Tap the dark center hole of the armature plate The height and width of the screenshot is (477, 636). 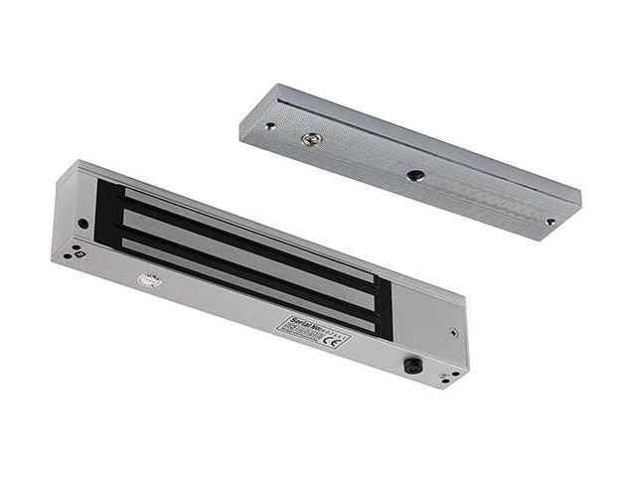point(415,175)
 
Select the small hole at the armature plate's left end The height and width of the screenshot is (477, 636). point(269,126)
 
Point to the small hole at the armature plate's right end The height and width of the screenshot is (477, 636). point(550,223)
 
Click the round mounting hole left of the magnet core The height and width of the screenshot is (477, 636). point(82,225)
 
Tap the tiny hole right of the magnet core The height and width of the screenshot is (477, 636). point(453,334)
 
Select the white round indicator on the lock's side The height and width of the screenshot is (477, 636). point(150,281)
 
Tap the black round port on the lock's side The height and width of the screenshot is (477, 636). point(410,366)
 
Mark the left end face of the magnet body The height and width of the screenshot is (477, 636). point(68,213)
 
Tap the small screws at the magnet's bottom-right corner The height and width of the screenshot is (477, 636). point(450,376)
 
